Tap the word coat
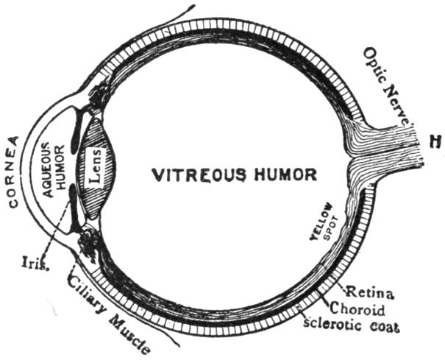[x=383, y=326]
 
